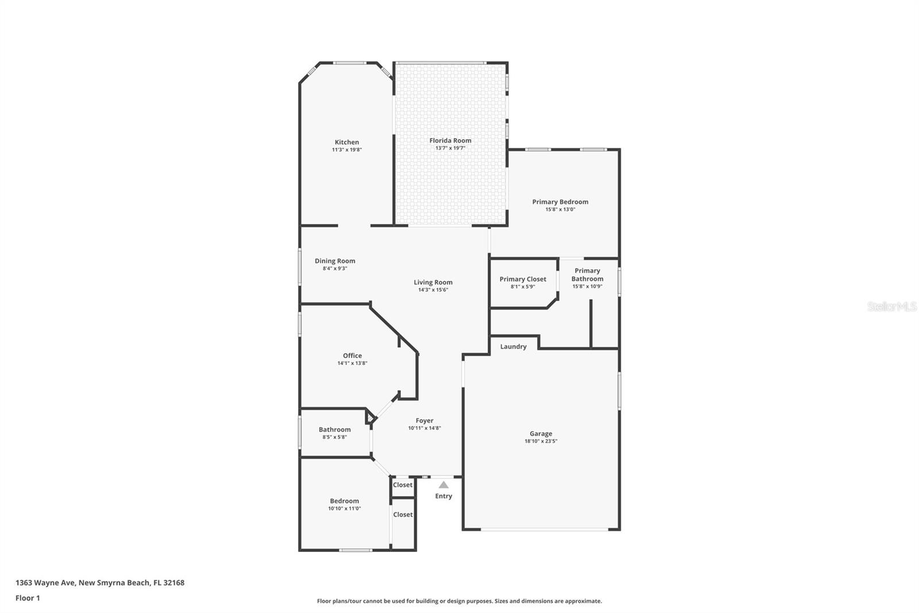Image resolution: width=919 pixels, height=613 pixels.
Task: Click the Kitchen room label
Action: tap(347, 142)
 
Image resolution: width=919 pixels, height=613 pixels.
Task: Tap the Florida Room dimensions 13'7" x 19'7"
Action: tap(450, 148)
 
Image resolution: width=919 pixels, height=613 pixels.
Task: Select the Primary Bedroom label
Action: tap(560, 202)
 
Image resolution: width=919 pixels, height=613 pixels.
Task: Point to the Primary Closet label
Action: tap(523, 279)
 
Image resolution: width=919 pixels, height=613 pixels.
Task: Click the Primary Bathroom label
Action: tap(587, 275)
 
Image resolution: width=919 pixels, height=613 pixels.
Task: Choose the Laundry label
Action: tap(513, 347)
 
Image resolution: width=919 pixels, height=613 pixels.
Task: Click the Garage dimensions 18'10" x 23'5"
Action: tap(540, 442)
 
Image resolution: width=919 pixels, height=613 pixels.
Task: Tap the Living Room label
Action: tap(433, 282)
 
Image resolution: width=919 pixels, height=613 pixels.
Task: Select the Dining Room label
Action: tap(335, 261)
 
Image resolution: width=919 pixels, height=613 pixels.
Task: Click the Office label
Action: tap(352, 355)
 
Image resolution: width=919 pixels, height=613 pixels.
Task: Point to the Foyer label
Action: tap(424, 421)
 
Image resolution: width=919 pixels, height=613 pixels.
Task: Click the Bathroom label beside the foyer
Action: tap(334, 430)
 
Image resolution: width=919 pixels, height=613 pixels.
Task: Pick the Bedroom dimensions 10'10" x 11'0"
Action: tap(345, 508)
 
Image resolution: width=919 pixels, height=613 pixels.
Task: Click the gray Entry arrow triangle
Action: tap(443, 485)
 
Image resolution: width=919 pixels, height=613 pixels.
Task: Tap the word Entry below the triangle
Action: tap(443, 496)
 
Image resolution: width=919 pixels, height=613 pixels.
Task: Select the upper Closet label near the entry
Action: tap(403, 485)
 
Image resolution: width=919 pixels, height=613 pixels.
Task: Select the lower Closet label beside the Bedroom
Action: tap(403, 515)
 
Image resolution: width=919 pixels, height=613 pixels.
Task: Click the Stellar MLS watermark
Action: tap(891, 307)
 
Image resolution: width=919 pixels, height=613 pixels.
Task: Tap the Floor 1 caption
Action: tap(28, 598)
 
